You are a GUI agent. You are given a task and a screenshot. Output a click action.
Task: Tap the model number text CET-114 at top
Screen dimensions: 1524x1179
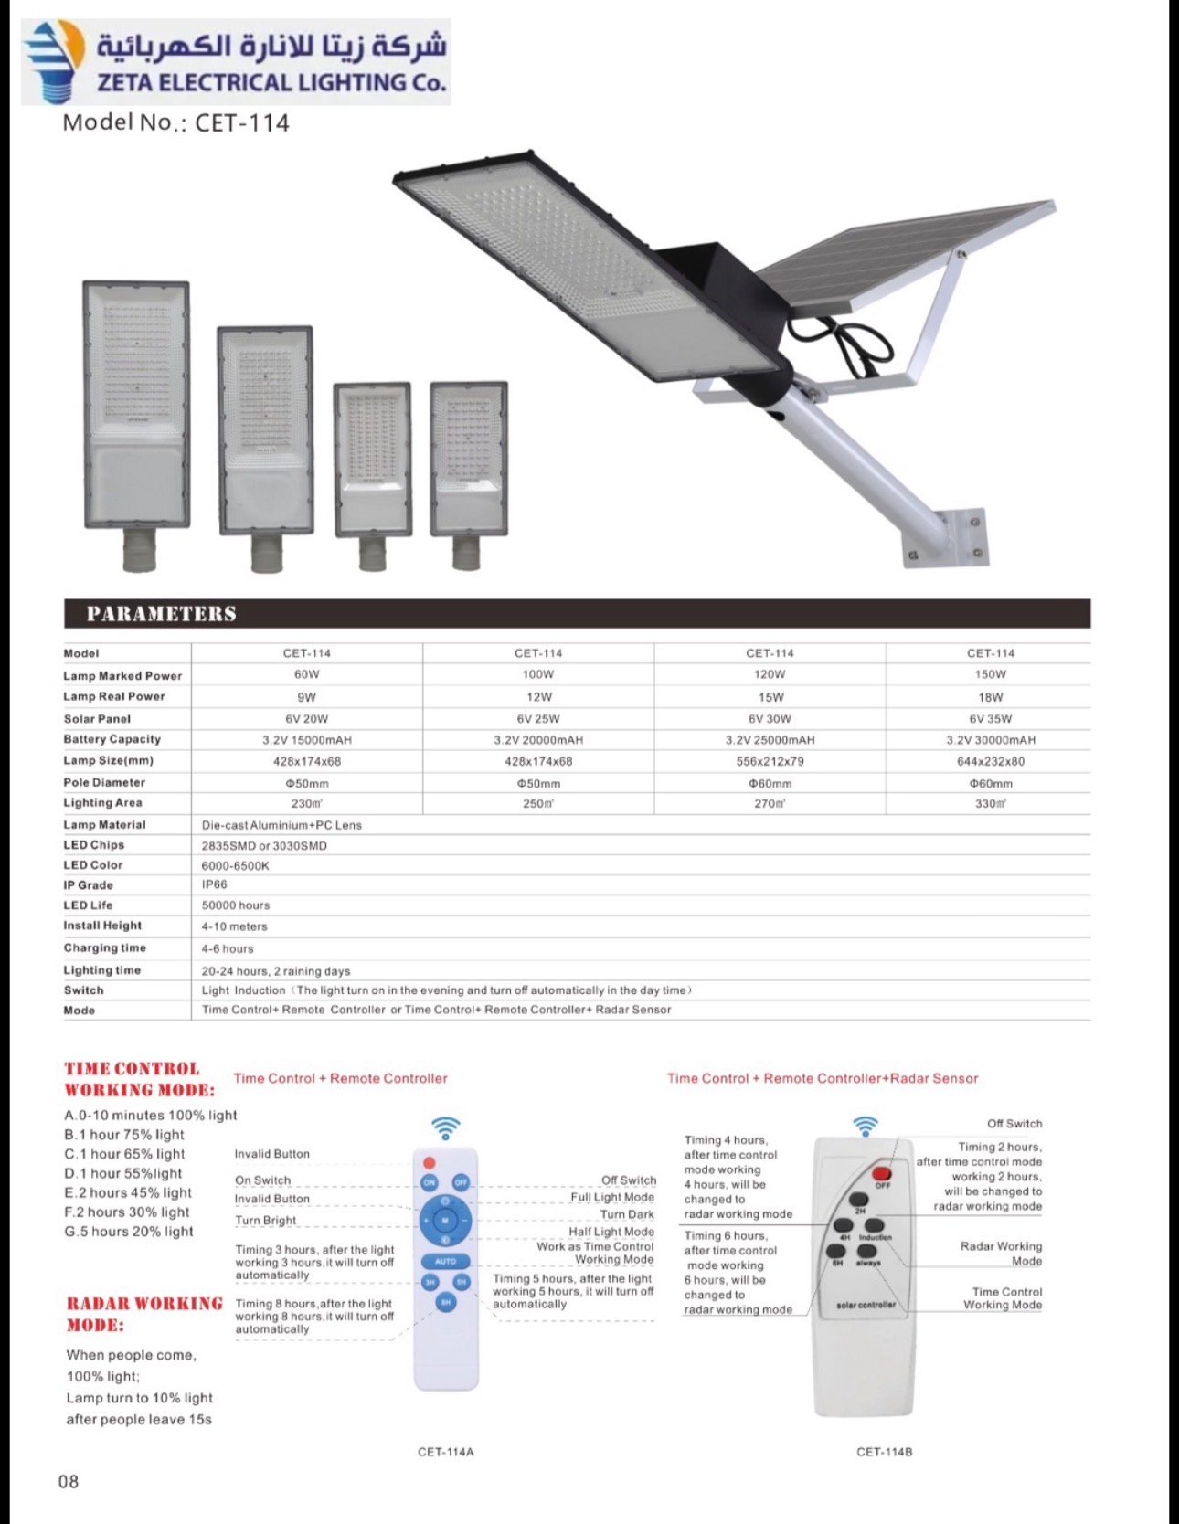point(175,122)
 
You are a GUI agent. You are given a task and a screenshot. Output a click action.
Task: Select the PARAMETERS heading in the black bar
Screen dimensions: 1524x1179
point(162,614)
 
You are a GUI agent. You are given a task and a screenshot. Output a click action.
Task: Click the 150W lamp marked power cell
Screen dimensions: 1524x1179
point(990,674)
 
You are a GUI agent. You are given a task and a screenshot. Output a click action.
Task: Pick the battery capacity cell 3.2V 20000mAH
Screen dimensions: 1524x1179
point(538,740)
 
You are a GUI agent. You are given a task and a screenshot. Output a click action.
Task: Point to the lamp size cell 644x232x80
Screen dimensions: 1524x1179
point(990,761)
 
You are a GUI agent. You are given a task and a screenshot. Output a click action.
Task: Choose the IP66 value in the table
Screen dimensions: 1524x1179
point(215,884)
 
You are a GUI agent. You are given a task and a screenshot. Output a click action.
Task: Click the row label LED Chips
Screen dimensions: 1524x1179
point(94,845)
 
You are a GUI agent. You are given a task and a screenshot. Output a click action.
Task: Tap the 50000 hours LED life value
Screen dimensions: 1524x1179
point(236,905)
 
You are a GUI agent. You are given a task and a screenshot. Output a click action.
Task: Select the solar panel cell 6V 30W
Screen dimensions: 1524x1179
point(770,719)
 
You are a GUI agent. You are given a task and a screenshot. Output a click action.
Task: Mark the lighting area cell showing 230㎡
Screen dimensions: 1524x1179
point(307,804)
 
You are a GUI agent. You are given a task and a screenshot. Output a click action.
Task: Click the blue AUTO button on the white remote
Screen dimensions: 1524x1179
point(445,1261)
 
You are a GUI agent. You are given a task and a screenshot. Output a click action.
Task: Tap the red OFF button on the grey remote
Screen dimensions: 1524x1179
point(882,1173)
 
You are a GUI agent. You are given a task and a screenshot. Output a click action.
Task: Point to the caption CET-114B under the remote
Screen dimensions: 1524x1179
point(884,1452)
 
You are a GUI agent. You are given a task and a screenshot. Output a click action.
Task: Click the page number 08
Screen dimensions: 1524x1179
point(69,1481)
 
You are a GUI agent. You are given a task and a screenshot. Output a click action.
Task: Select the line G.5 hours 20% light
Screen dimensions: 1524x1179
point(129,1232)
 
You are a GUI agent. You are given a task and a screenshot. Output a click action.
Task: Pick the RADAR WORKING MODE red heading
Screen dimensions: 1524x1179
point(144,1314)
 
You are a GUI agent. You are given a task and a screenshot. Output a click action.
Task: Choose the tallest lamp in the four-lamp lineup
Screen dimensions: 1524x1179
point(136,407)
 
